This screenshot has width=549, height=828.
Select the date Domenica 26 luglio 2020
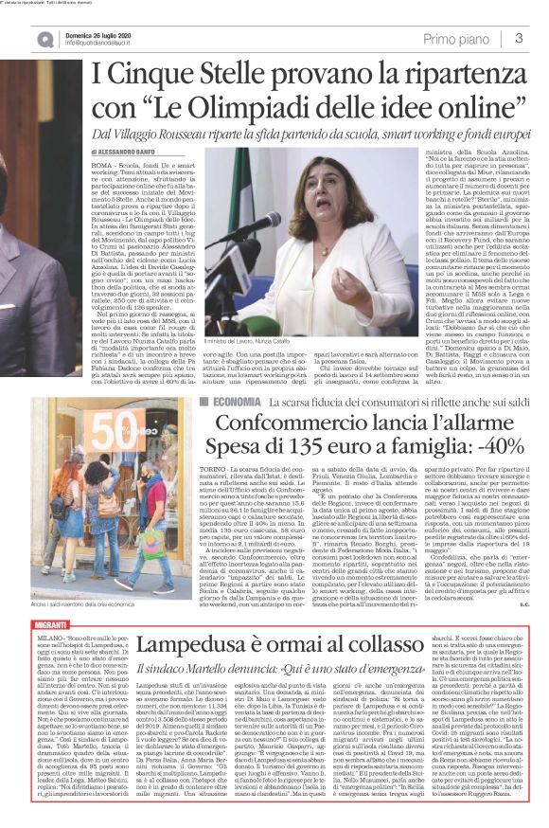[104, 32]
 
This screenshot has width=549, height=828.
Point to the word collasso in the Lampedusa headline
[422, 620]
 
